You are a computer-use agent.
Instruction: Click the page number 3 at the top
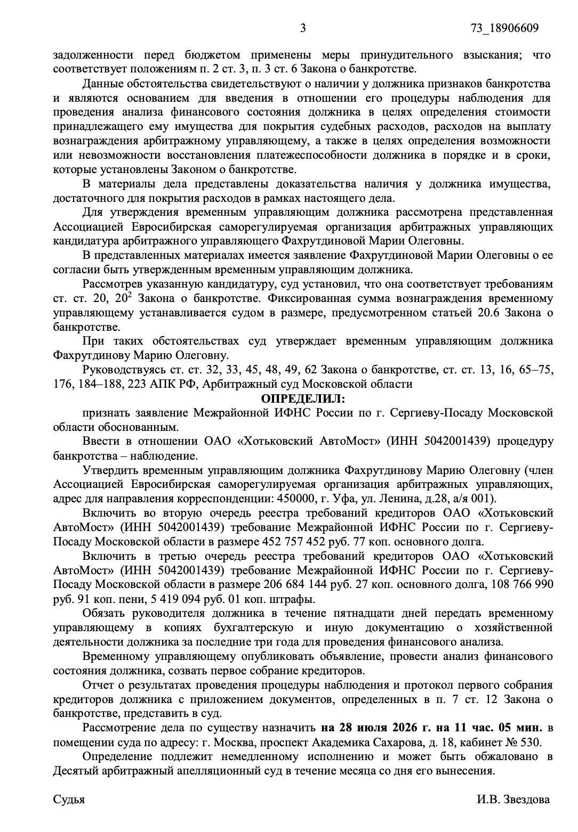point(302,28)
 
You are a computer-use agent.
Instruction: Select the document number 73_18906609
point(504,28)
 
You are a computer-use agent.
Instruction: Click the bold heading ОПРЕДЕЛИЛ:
point(302,398)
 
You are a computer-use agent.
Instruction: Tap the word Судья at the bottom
point(69,800)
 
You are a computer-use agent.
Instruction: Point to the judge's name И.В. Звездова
point(513,800)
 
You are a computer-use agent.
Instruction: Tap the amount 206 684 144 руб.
point(291,584)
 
